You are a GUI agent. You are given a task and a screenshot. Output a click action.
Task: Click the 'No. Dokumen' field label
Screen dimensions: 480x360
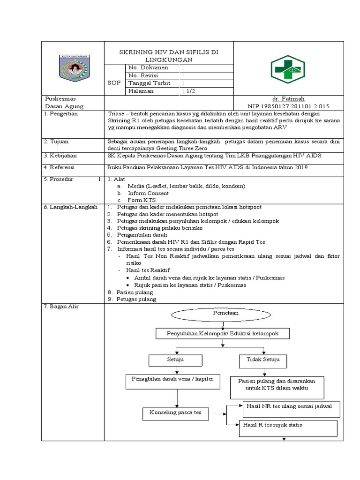pyautogui.click(x=148, y=67)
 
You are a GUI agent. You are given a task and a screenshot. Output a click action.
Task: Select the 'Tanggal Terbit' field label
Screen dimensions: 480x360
pyautogui.click(x=149, y=83)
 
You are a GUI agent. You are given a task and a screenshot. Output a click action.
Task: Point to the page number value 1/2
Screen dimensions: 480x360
pyautogui.click(x=190, y=91)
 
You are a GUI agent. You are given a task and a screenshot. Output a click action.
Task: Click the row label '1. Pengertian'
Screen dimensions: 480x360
pyautogui.click(x=61, y=114)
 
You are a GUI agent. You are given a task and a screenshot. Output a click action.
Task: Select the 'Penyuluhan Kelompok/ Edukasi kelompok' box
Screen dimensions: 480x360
pyautogui.click(x=222, y=333)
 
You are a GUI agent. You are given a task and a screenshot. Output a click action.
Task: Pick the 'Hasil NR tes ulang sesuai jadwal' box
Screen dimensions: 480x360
pyautogui.click(x=290, y=406)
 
